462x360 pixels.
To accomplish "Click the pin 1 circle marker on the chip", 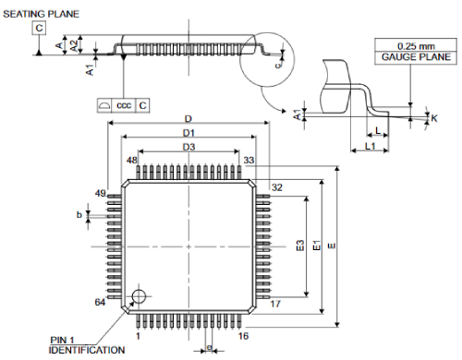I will click(x=138, y=296).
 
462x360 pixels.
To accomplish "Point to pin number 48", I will click(x=132, y=161).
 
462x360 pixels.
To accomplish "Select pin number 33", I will click(x=249, y=161).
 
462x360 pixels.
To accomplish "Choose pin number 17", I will click(x=275, y=303).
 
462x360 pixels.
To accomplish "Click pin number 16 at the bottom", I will click(x=243, y=337).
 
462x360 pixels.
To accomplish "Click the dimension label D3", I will click(x=188, y=147).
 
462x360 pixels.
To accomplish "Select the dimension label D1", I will click(x=188, y=133).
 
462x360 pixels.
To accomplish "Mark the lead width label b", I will click(x=79, y=215).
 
